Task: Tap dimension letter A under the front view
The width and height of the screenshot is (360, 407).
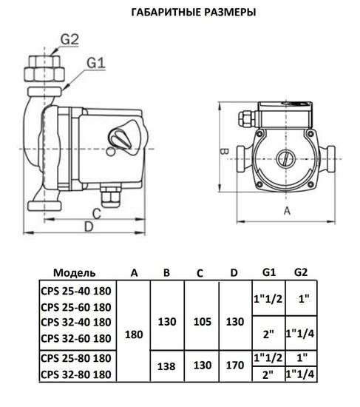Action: (286, 210)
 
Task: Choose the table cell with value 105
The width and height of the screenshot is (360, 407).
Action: (200, 322)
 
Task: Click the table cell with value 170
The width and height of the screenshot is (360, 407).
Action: (234, 367)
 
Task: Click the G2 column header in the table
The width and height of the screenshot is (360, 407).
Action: (302, 272)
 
